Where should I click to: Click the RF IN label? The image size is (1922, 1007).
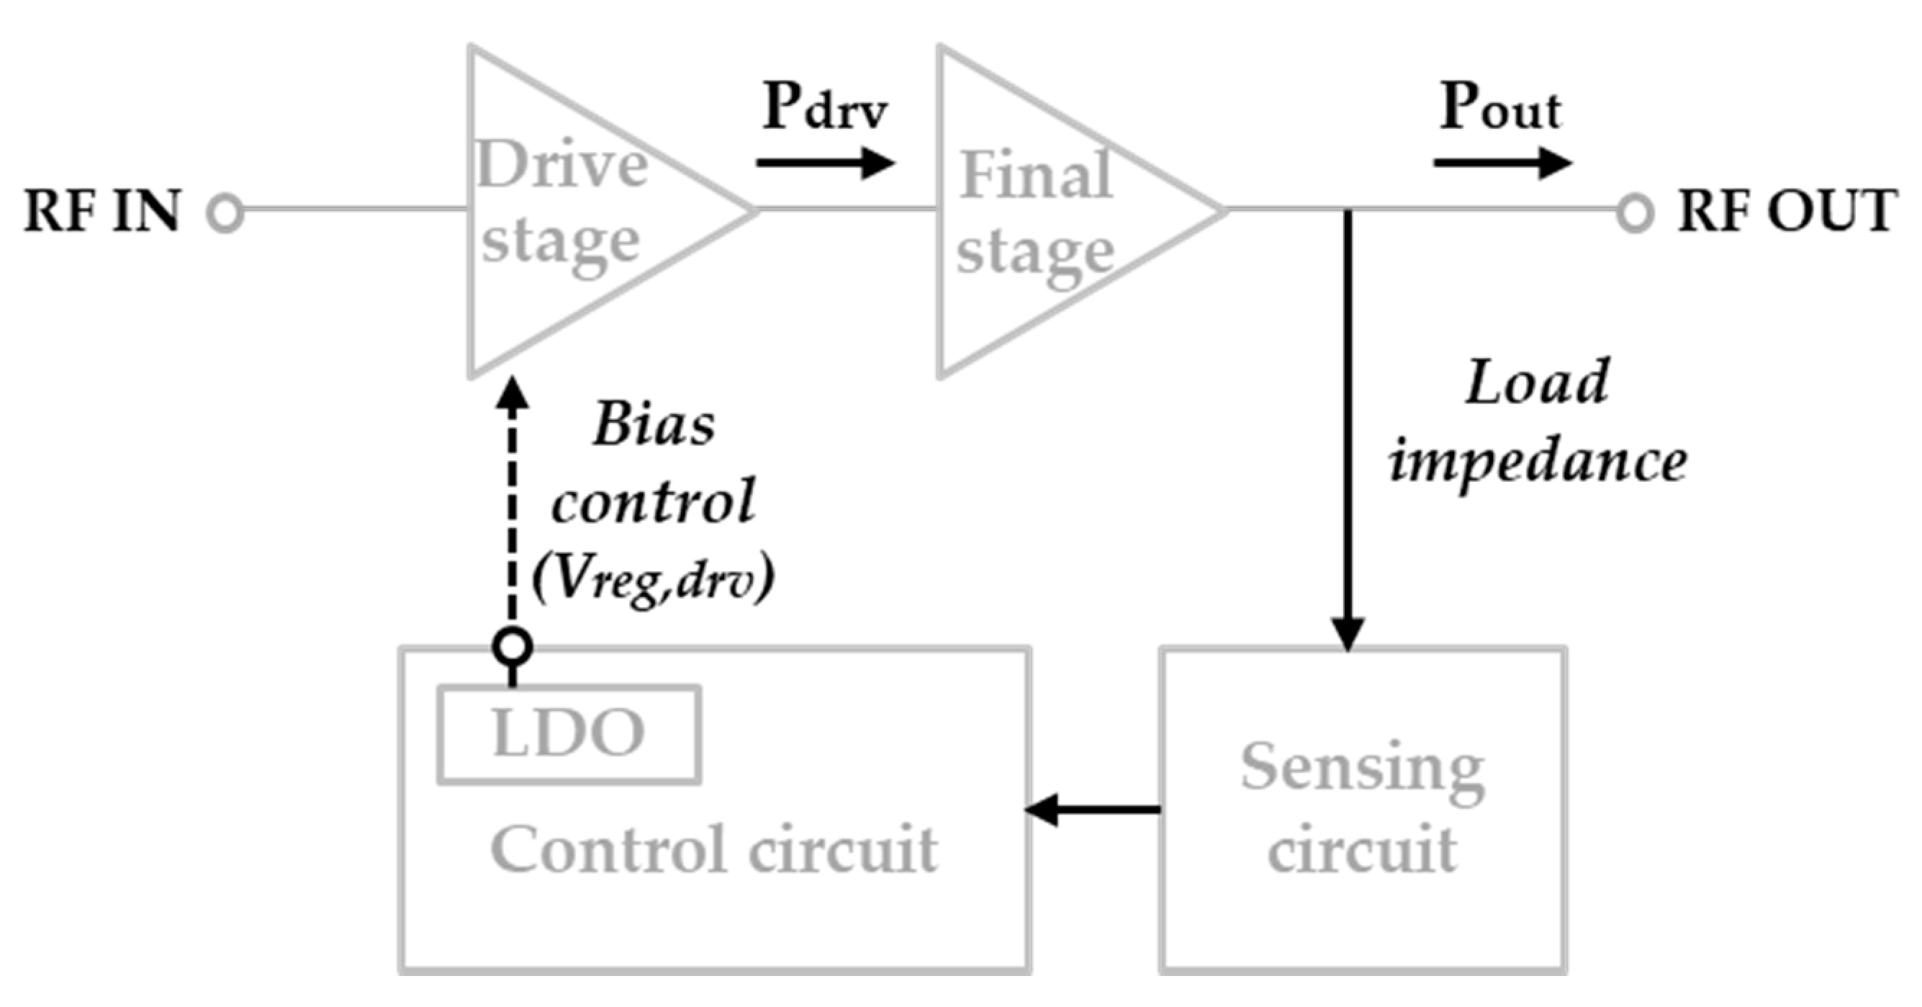click(102, 211)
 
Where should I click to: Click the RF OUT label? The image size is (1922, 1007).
click(1786, 211)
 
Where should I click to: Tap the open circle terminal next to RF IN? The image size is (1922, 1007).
click(225, 212)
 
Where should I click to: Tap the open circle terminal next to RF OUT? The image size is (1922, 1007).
click(1635, 212)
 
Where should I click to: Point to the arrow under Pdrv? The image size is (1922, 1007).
click(824, 163)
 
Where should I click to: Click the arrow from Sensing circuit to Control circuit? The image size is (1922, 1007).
click(1093, 810)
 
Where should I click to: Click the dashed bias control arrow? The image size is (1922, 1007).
click(513, 508)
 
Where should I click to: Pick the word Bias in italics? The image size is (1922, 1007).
click(654, 426)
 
